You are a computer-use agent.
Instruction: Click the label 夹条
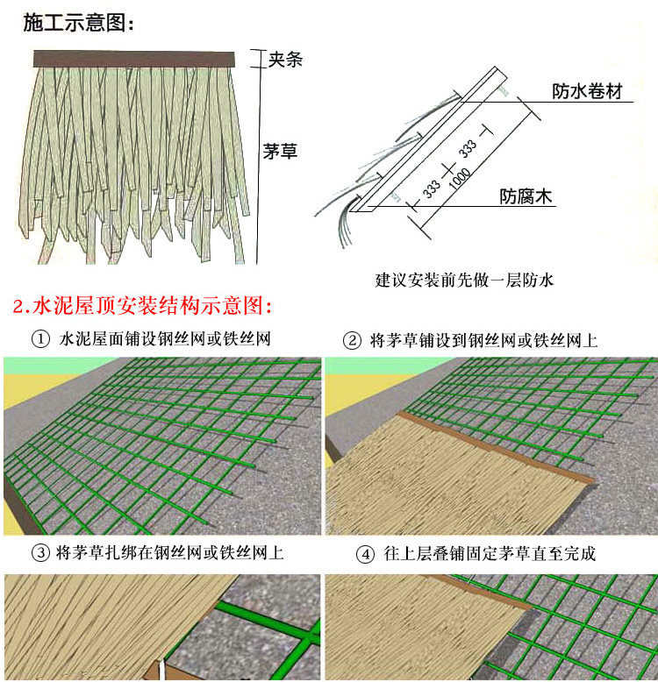pyautogui.click(x=285, y=60)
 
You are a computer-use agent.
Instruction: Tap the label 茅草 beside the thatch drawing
pyautogui.click(x=281, y=151)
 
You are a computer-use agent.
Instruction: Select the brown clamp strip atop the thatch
pyautogui.click(x=135, y=59)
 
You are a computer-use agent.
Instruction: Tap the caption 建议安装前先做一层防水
pyautogui.click(x=464, y=281)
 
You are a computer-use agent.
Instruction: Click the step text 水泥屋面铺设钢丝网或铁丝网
pyautogui.click(x=176, y=339)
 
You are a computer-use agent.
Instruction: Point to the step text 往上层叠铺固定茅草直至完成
pyautogui.click(x=490, y=554)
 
